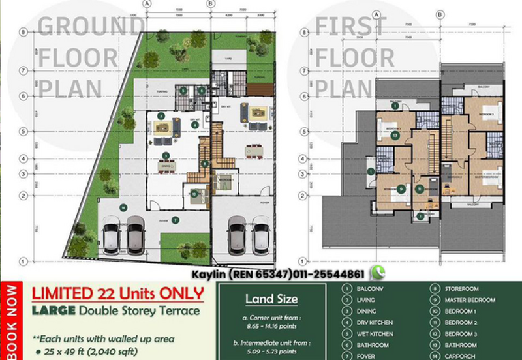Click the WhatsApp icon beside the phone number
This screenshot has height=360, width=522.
coord(376,273)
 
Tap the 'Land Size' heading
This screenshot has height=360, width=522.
coord(271,299)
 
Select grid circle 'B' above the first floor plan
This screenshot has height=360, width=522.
coord(440,13)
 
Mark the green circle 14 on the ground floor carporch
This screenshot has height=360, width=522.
coord(122,208)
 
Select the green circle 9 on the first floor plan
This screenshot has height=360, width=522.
coord(400,189)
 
